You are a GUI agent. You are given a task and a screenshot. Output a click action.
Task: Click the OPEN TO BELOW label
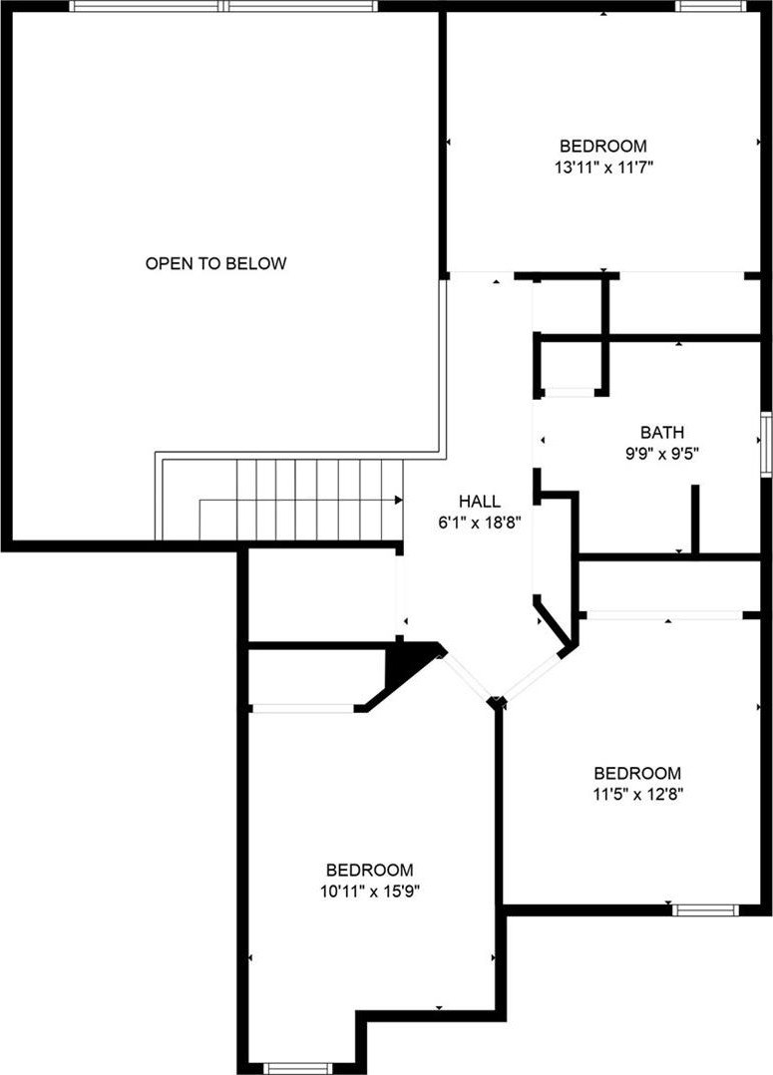215,263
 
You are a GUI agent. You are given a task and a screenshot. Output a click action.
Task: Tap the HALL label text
480,502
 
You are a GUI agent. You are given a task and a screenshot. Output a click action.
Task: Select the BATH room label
662,433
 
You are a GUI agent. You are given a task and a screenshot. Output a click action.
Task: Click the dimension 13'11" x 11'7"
602,168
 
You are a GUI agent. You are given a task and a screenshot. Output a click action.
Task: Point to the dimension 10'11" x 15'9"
369,892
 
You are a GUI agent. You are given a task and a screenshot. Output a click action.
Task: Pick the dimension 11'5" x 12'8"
637,795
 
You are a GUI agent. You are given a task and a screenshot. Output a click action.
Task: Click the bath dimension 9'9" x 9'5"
662,453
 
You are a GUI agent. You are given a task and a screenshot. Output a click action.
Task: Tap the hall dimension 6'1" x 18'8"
480,523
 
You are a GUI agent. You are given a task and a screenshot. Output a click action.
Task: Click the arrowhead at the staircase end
399,500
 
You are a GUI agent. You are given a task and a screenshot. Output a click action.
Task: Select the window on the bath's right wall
767,445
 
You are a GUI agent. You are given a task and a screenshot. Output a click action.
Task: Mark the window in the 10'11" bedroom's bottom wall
297,1068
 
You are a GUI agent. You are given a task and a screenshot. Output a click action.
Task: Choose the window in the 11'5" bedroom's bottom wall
706,909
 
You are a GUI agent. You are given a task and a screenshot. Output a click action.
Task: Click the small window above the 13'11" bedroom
710,6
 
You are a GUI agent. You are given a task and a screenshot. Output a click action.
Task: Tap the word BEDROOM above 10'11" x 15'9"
370,870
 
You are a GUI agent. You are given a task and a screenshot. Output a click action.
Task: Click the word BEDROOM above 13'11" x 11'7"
602,146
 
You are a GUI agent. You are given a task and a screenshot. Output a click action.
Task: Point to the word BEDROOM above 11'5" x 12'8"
637,774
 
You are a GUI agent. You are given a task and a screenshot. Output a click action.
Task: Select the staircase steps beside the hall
319,500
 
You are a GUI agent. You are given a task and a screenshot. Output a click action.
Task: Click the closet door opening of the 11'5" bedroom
664,615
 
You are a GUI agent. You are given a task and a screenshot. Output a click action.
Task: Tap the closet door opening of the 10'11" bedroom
303,708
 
